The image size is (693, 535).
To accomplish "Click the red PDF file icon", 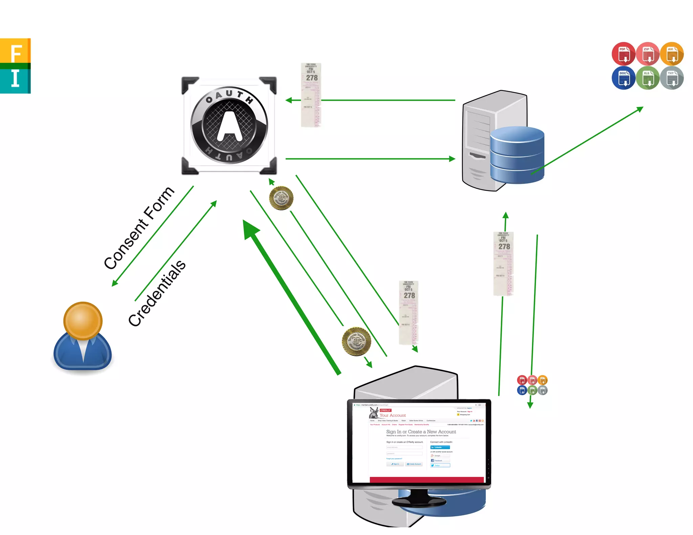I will [623, 54].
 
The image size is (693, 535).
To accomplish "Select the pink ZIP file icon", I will [647, 54].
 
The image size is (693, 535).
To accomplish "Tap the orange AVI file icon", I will [672, 54].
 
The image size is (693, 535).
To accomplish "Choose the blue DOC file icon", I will [623, 78].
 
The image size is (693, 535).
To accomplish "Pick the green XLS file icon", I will [647, 78].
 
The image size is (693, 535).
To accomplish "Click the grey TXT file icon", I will [672, 78].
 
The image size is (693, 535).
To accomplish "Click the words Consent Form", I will [139, 228].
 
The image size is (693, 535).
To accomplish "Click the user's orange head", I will [83, 321].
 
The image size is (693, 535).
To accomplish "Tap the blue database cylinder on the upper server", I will [517, 155].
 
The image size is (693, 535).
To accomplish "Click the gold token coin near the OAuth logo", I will [281, 198].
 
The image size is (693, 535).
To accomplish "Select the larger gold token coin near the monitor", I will [356, 341].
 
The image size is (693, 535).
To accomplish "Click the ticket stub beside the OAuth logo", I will [311, 95].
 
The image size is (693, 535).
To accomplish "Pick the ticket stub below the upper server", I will [503, 263].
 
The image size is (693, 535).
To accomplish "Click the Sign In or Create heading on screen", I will [421, 432].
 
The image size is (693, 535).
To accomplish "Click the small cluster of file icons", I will [532, 385].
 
